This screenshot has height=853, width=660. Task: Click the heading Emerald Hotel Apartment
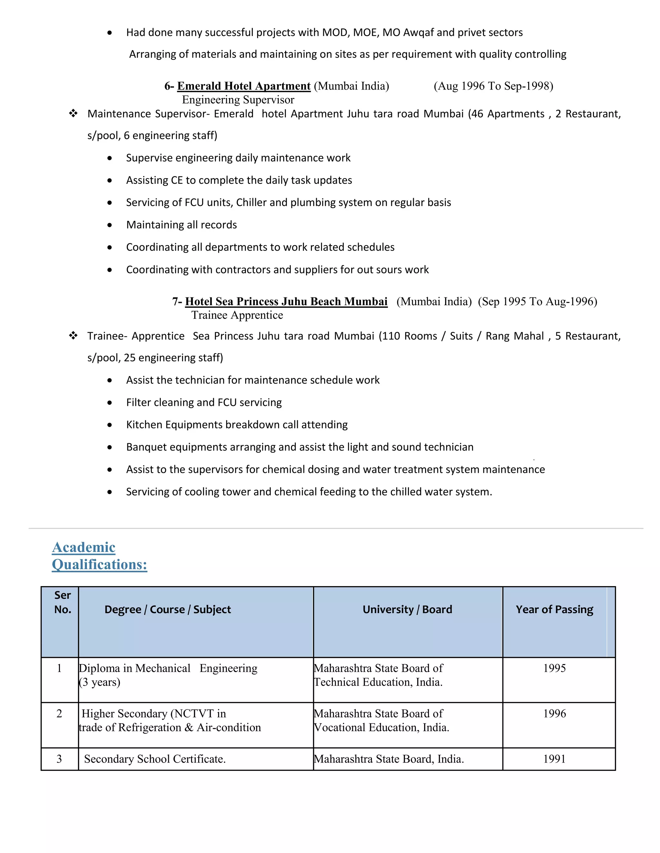244,86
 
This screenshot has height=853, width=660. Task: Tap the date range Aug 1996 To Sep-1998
493,86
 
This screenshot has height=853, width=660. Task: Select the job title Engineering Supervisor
238,99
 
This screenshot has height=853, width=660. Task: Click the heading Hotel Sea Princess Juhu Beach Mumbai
286,301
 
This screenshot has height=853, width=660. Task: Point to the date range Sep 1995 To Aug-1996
538,301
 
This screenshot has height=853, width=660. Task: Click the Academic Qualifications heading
99,556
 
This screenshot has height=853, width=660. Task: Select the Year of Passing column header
554,609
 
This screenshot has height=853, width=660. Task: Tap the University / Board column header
407,609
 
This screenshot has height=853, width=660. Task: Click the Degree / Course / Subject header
167,609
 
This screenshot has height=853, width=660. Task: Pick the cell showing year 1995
554,668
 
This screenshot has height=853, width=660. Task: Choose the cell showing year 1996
554,714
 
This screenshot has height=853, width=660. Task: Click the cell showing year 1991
554,759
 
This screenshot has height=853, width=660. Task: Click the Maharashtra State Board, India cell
389,759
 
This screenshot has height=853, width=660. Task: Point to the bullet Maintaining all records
181,225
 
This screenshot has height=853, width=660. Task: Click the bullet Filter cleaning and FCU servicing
204,402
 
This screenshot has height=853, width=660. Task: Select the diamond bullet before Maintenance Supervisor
73,114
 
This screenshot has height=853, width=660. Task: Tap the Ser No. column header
63,602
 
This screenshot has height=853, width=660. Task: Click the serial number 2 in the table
59,714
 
